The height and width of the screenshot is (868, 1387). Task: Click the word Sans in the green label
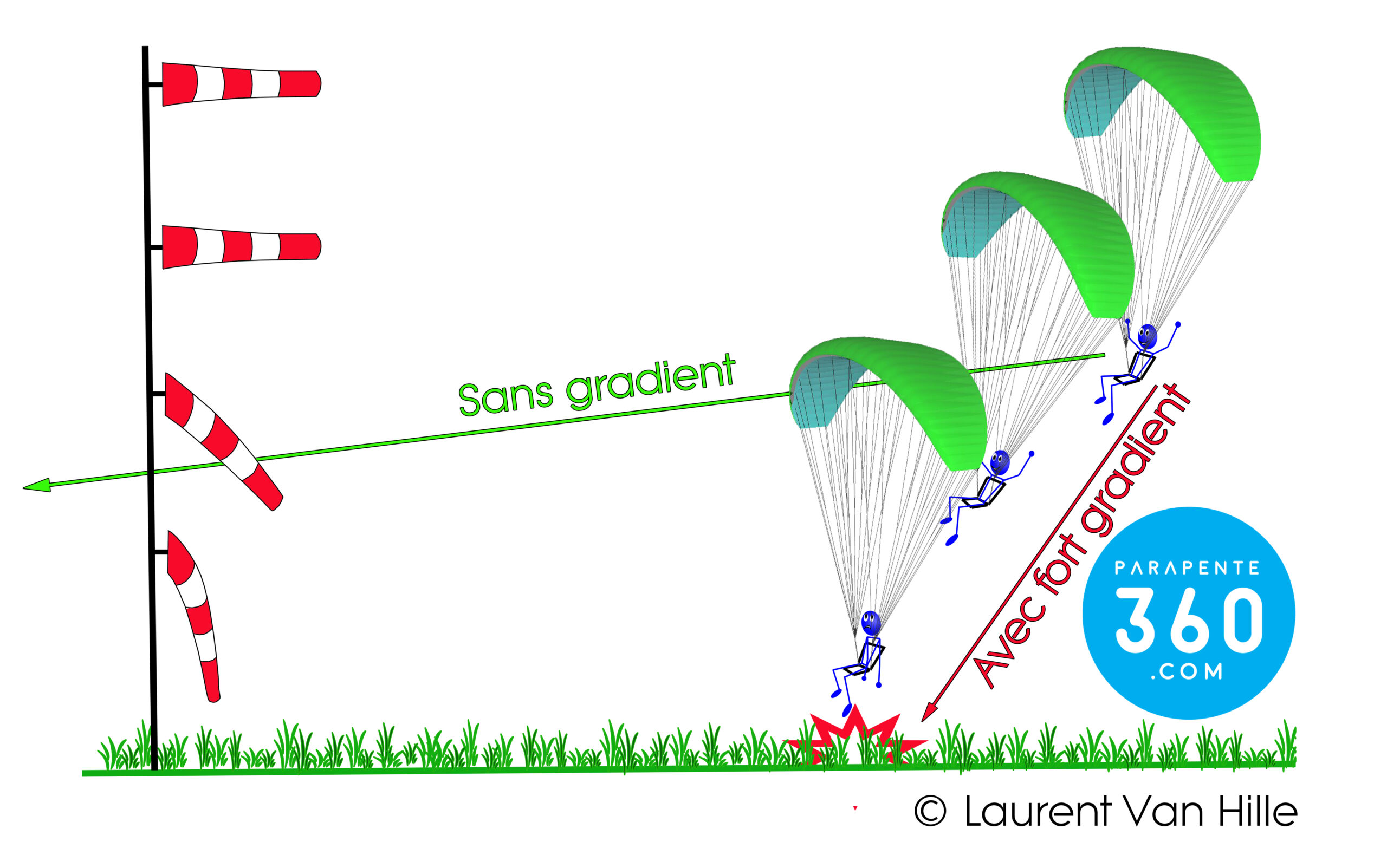(505, 397)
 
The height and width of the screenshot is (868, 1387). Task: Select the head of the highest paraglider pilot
(1147, 336)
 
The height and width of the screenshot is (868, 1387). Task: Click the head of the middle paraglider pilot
(999, 461)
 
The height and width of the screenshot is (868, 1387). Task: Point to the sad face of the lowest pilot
(871, 623)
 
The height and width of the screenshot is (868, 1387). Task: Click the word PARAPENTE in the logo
(1187, 569)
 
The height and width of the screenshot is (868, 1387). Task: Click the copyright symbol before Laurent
(930, 811)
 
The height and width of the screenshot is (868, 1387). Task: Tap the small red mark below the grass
(855, 808)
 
